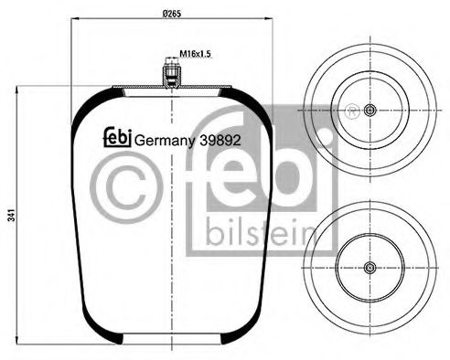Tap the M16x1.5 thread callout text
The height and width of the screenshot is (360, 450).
[195, 54]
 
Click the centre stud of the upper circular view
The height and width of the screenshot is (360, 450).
[370, 111]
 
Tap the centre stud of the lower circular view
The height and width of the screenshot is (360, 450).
[370, 268]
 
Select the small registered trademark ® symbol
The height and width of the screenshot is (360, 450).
[350, 113]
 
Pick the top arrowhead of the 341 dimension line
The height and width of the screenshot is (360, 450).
[16, 90]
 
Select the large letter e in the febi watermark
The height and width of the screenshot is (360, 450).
[244, 178]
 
